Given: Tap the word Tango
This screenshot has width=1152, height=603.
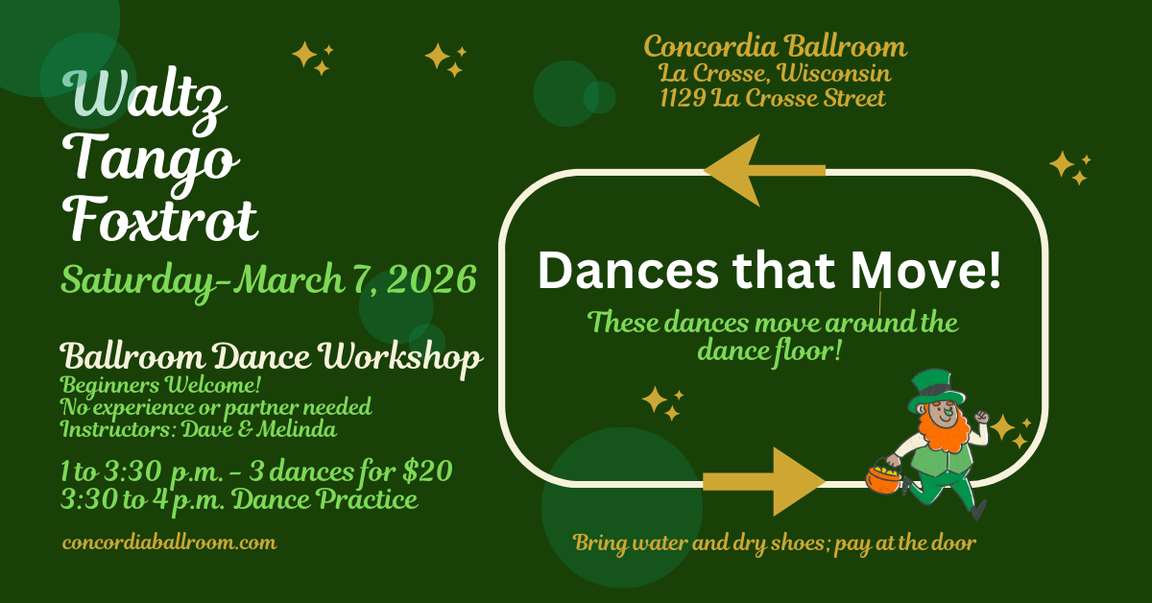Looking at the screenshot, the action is [x=151, y=160].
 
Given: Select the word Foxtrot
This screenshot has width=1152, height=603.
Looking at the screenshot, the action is [x=160, y=219].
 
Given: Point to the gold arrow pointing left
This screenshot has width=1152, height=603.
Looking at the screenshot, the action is [x=764, y=170].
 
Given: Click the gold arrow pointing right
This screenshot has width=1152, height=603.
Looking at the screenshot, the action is [x=764, y=482].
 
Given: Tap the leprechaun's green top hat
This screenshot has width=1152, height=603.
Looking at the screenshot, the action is [x=935, y=389].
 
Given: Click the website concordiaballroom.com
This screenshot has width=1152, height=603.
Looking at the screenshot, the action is [x=169, y=543].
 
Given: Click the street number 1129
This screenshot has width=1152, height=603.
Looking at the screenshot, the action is [x=683, y=98].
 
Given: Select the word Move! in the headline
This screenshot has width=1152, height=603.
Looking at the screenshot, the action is [x=925, y=270].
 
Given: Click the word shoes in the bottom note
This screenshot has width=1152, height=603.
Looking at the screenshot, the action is [x=802, y=543].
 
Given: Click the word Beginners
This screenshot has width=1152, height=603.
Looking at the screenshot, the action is [x=110, y=386].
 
